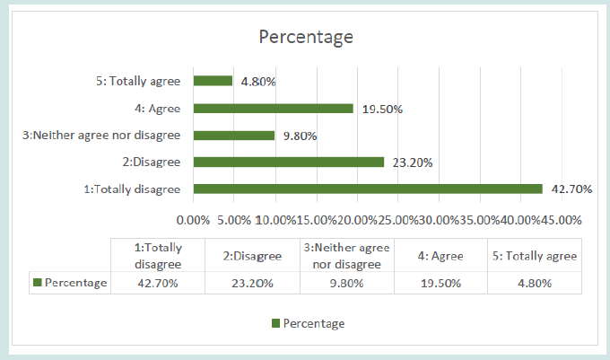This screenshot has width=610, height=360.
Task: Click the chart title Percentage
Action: coord(305,37)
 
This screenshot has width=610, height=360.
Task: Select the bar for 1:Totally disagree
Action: coord(368,189)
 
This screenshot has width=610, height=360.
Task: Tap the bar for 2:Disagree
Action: coord(288,162)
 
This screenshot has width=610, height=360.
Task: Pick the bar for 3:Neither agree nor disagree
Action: coord(233,136)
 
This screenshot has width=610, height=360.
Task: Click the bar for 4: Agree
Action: coord(273,109)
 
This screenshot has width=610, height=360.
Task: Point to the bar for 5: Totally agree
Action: coord(213,82)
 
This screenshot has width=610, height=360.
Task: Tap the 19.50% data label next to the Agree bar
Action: coord(381,110)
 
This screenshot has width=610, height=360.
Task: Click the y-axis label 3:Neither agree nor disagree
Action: coord(101,136)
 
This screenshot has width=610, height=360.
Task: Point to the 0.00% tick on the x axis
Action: coord(193,219)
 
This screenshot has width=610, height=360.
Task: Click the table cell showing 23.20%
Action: coord(252,283)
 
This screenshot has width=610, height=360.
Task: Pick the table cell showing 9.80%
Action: coord(346,283)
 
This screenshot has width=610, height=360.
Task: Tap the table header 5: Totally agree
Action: coord(534,256)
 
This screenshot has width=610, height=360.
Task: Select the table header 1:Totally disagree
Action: coord(158,256)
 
